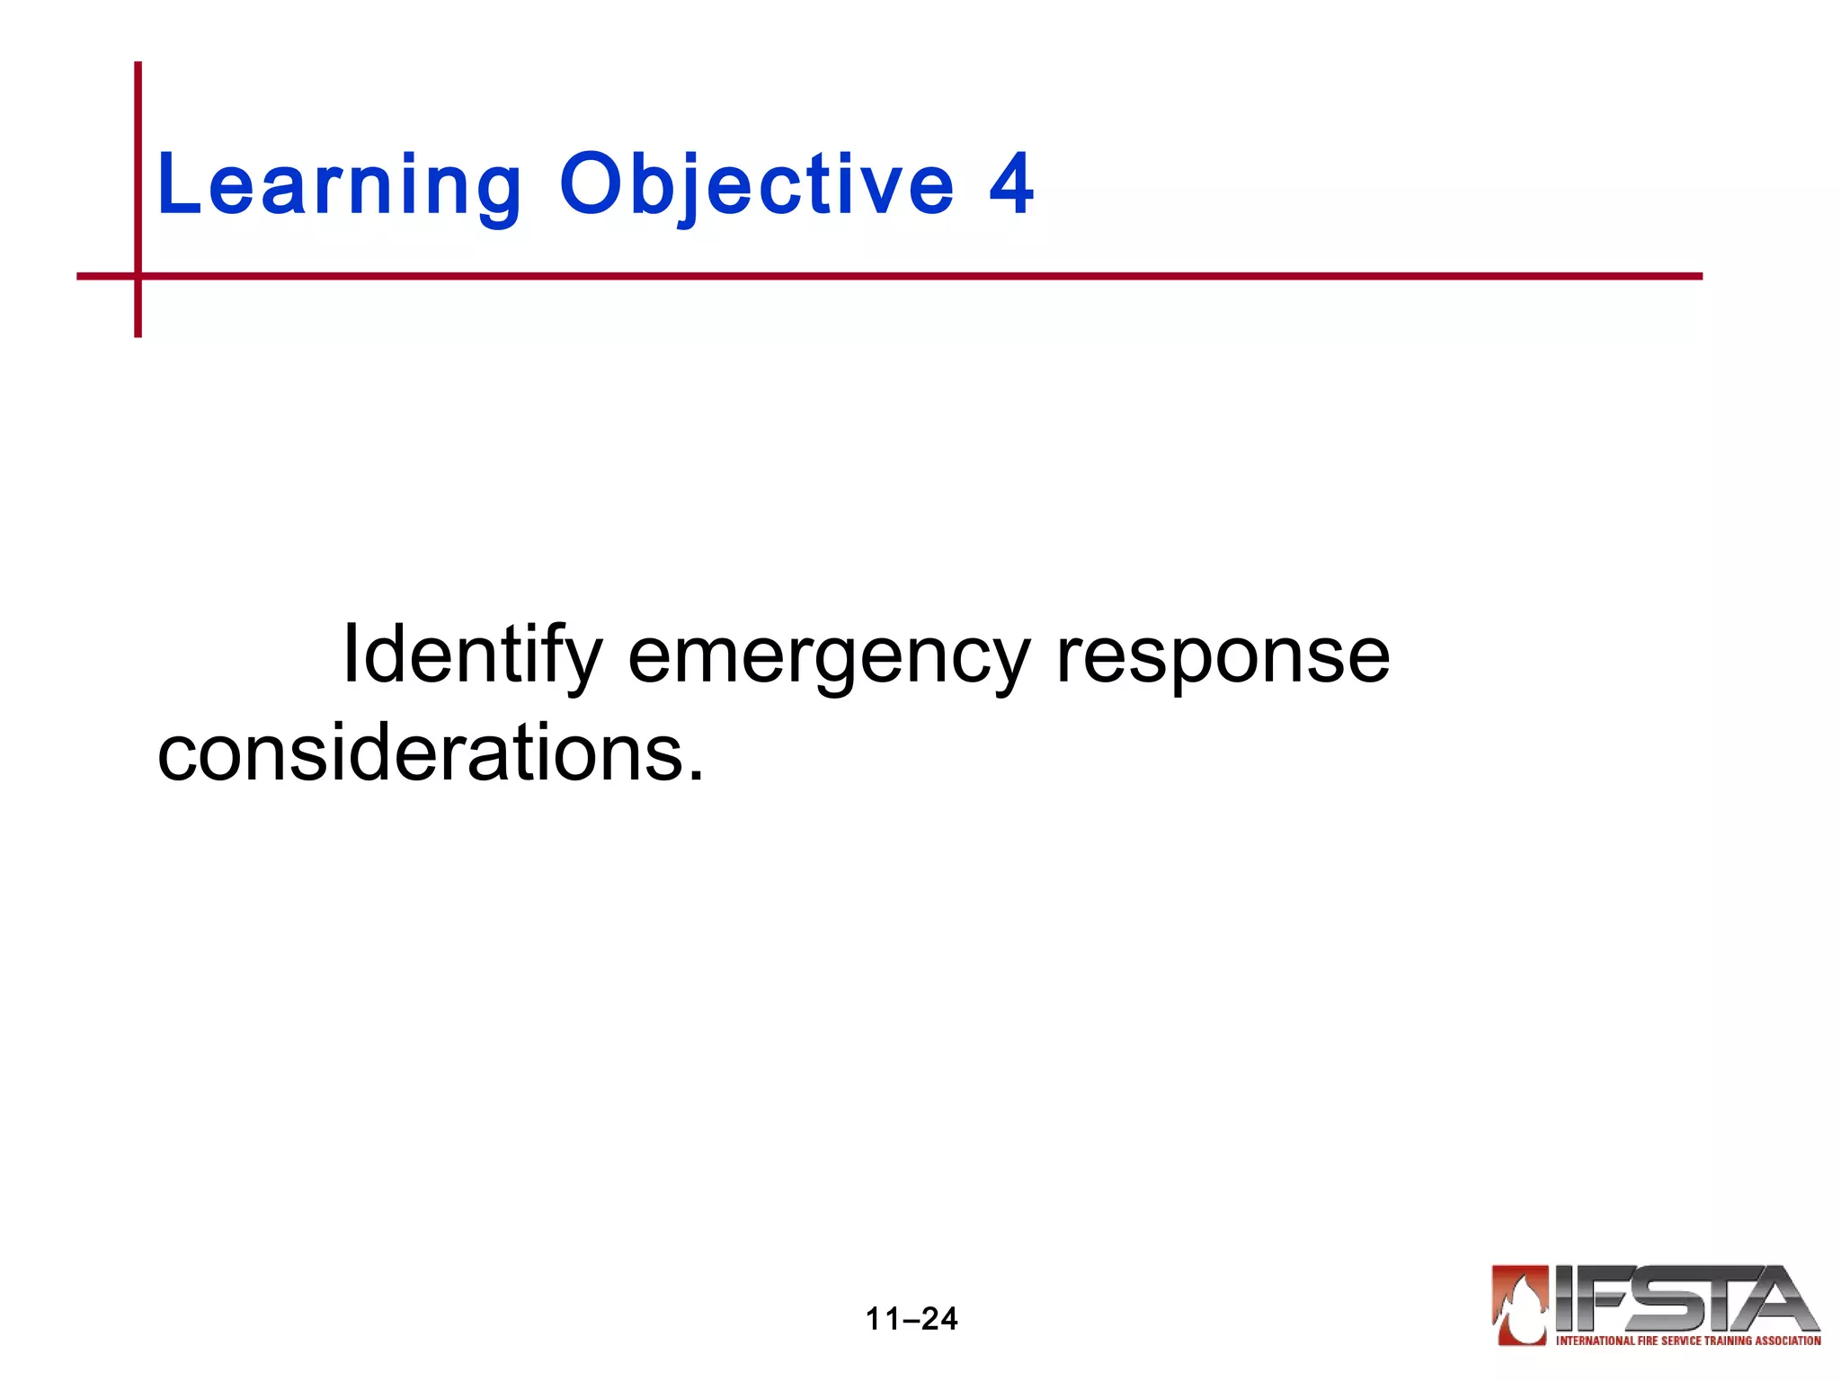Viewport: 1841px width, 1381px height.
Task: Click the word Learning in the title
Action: click(339, 186)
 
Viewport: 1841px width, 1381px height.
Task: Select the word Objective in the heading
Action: click(756, 186)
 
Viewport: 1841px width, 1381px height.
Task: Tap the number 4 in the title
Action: click(1011, 184)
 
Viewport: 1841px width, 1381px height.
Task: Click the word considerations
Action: click(419, 753)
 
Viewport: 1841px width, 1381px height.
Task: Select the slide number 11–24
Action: click(912, 1319)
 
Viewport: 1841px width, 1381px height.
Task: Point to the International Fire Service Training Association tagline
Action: click(1688, 1341)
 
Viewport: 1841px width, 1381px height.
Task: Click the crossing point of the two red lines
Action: click(138, 276)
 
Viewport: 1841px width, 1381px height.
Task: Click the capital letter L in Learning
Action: click(176, 184)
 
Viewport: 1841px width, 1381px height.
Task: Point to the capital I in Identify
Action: click(351, 655)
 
